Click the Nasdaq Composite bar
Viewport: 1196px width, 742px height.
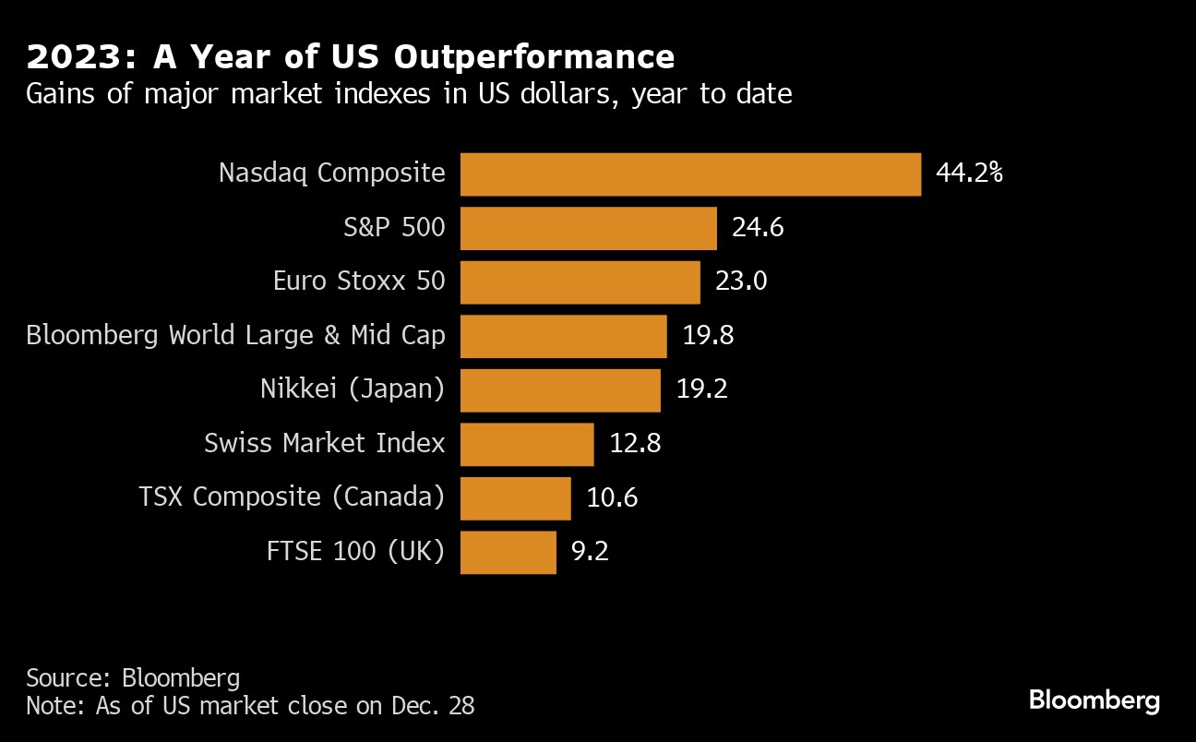[690, 174]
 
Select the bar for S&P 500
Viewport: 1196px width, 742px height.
[588, 228]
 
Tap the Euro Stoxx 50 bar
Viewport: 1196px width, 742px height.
[580, 281]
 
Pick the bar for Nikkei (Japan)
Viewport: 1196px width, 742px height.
[560, 389]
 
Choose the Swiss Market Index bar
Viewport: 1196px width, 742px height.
[527, 444]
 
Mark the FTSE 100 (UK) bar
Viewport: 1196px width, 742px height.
[508, 552]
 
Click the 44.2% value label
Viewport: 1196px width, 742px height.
[969, 174]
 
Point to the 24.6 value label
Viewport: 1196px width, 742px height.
[758, 228]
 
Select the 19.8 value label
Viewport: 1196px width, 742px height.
[708, 336]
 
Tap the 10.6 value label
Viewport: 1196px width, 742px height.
[612, 498]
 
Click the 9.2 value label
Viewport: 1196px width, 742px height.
[591, 552]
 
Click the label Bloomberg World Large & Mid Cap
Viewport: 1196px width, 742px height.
[235, 336]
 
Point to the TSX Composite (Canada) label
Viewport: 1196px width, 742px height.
[292, 498]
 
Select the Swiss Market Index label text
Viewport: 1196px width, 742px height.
[324, 444]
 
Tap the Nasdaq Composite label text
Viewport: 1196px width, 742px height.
[331, 174]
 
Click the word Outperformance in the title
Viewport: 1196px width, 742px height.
[534, 58]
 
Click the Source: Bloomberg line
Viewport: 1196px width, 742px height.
[133, 678]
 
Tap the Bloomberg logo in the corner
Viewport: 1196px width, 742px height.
[1094, 700]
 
